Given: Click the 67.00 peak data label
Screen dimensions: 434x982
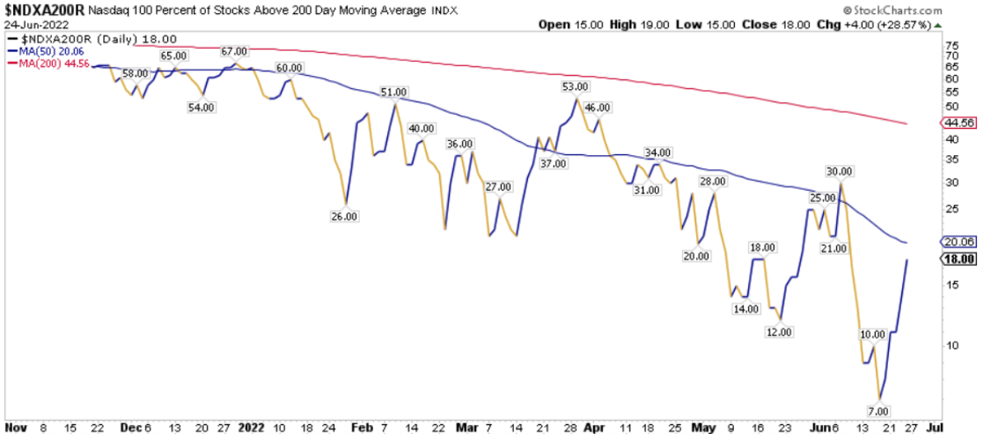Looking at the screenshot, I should click(x=234, y=51).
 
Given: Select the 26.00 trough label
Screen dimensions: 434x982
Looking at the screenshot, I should click(x=344, y=217).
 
